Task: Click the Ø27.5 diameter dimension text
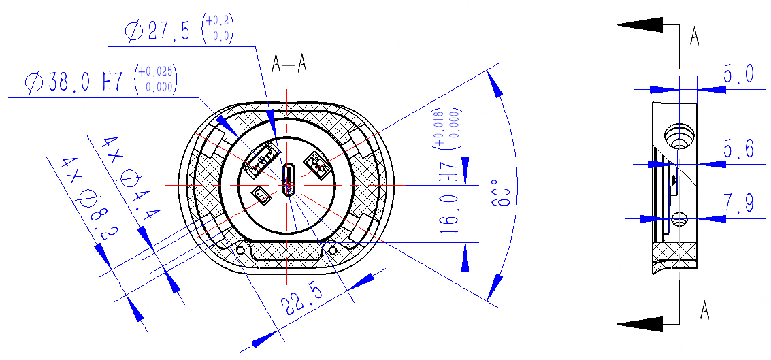(x=157, y=32)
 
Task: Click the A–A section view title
(x=289, y=65)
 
